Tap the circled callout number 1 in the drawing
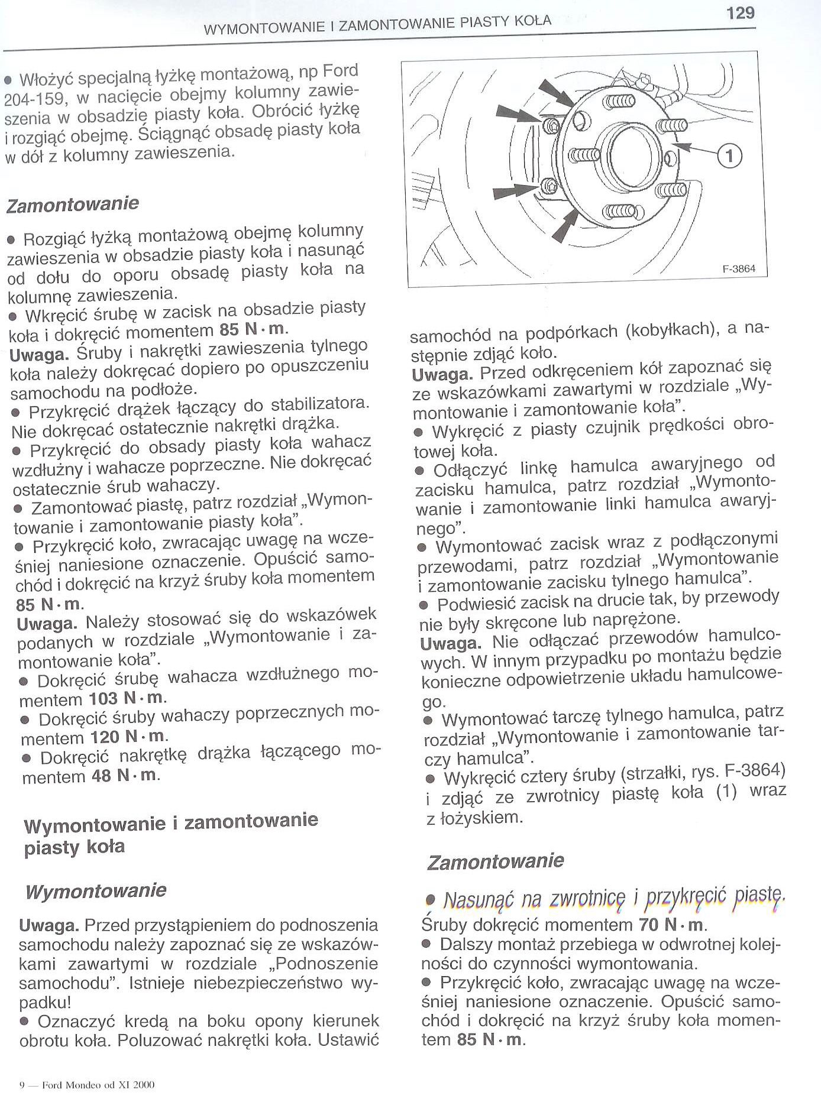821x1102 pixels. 729,156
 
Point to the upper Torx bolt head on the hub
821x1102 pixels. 552,125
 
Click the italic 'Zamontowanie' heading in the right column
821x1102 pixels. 495,861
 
